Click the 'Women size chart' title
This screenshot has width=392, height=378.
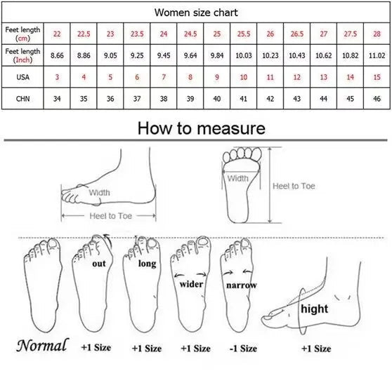click(196, 13)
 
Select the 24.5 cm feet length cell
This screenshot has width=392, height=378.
click(190, 34)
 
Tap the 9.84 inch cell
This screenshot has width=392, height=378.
click(217, 55)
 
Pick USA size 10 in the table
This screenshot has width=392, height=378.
click(244, 77)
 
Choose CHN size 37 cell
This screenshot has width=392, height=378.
click(137, 99)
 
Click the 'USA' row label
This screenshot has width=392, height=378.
click(22, 77)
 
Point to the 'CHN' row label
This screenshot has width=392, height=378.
click(22, 99)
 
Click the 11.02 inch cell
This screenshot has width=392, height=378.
click(377, 55)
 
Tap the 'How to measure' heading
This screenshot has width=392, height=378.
click(202, 128)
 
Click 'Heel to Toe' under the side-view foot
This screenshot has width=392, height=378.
click(111, 216)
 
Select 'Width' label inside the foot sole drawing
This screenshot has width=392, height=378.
click(237, 178)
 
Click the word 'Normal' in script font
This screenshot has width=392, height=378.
click(42, 346)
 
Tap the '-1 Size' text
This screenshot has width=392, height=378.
click(243, 349)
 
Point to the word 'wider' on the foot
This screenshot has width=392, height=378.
click(191, 284)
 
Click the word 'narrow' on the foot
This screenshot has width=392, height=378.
click(242, 285)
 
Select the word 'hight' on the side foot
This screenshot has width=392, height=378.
click(314, 309)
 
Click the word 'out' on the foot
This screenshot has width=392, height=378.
click(99, 264)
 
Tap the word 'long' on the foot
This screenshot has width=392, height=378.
click(148, 264)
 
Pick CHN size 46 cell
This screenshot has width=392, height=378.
click(377, 99)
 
